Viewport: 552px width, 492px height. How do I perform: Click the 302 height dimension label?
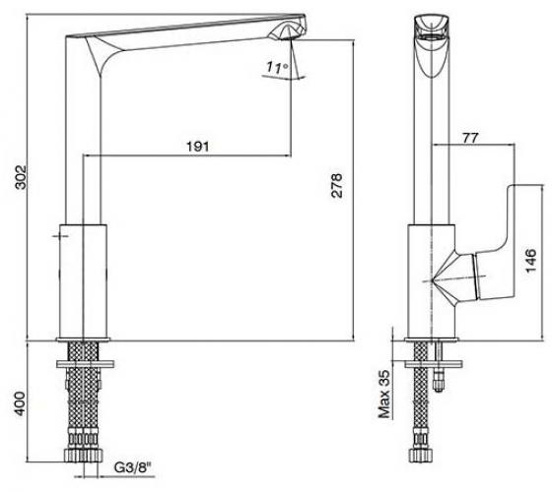pyautogui.click(x=21, y=176)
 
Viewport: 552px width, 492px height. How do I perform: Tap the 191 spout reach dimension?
pyautogui.click(x=197, y=147)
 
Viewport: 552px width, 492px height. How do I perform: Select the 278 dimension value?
pyautogui.click(x=336, y=185)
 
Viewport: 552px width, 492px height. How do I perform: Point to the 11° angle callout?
pyautogui.click(x=277, y=67)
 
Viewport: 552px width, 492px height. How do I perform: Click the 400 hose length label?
pyautogui.click(x=21, y=403)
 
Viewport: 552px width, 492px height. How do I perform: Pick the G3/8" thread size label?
pyautogui.click(x=133, y=467)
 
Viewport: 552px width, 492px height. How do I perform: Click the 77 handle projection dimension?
pyautogui.click(x=470, y=138)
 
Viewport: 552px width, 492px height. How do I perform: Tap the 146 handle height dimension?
pyautogui.click(x=530, y=260)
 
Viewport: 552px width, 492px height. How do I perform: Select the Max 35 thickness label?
pyautogui.click(x=384, y=394)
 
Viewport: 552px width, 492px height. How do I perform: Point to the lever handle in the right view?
pyautogui.click(x=494, y=246)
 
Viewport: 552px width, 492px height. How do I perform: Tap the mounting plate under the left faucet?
pyautogui.click(x=85, y=364)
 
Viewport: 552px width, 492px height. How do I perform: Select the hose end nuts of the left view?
pyautogui.click(x=83, y=455)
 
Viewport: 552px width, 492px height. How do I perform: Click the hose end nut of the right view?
pyautogui.click(x=420, y=456)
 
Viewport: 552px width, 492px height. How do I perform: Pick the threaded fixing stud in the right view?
pyautogui.click(x=439, y=367)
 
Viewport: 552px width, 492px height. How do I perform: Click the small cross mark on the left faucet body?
pyautogui.click(x=60, y=236)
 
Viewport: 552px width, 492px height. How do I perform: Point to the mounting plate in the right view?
pyautogui.click(x=433, y=364)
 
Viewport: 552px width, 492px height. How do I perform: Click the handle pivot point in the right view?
pyautogui.click(x=433, y=280)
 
